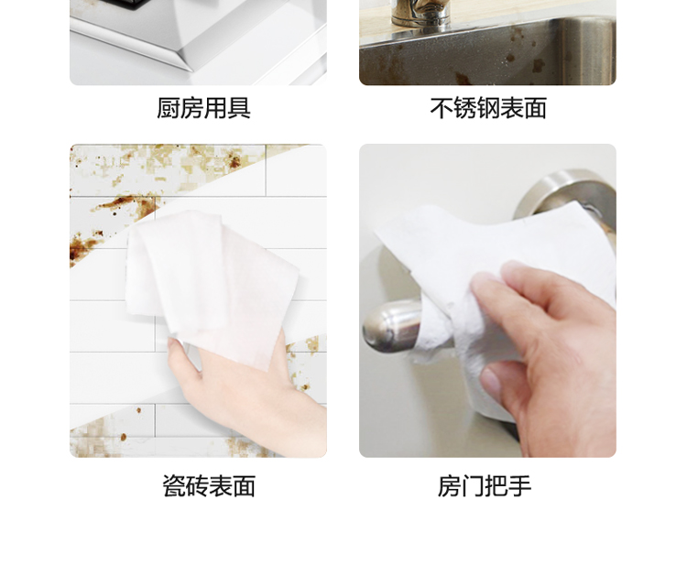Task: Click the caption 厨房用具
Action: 203,108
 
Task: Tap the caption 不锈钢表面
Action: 488,108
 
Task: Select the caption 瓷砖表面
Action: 209,485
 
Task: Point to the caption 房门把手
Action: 485,485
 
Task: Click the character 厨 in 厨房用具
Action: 169,108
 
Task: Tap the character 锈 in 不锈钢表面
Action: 464,108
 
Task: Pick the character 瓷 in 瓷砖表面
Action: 174,485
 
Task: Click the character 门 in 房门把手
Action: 473,485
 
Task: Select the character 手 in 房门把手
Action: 520,485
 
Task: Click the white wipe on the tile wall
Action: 211,285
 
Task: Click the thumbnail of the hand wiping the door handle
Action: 487,300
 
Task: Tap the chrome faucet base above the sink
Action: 420,13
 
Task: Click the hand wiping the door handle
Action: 548,351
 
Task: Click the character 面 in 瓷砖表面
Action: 245,485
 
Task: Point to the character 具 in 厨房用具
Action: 239,108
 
